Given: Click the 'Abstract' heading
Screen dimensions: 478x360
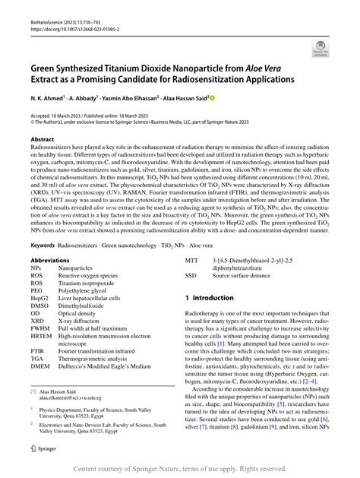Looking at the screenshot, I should tap(42, 141).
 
